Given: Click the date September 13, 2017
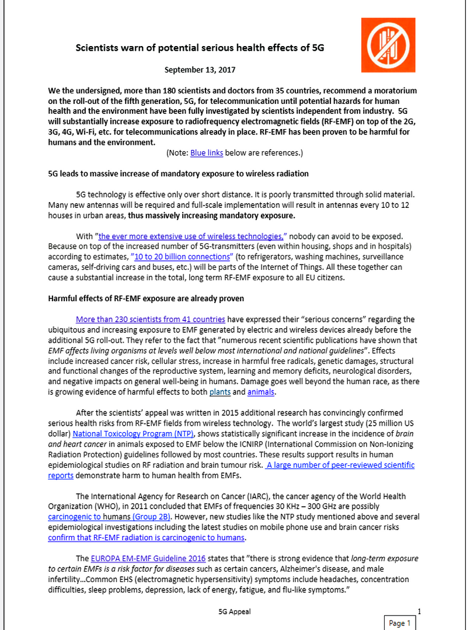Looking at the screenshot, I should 200,70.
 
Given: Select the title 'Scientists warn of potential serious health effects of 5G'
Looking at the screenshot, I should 200,48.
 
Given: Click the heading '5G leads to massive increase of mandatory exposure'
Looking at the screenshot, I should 178,173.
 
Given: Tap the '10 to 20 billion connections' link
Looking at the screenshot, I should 183,256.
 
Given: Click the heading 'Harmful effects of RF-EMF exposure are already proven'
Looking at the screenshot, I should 146,298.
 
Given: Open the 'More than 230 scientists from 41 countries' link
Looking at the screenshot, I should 151,319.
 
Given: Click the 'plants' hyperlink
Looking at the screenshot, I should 220,393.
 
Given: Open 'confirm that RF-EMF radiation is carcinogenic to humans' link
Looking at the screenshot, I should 147,538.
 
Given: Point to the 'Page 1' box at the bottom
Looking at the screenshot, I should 400,623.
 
